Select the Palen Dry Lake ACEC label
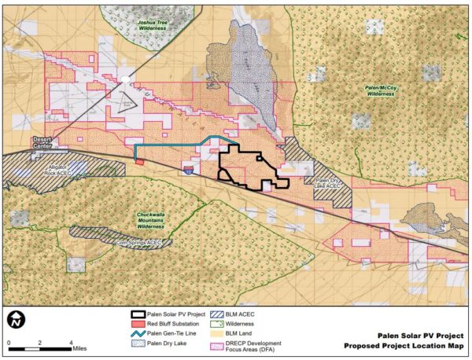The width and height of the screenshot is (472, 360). click(326, 183)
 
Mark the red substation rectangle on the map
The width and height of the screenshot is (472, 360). click(139, 162)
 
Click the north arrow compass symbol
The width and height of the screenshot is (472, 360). click(17, 320)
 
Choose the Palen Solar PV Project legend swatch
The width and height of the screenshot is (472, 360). click(138, 314)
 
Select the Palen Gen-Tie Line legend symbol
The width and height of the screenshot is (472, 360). click(138, 332)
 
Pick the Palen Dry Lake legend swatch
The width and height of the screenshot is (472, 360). click(138, 342)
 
